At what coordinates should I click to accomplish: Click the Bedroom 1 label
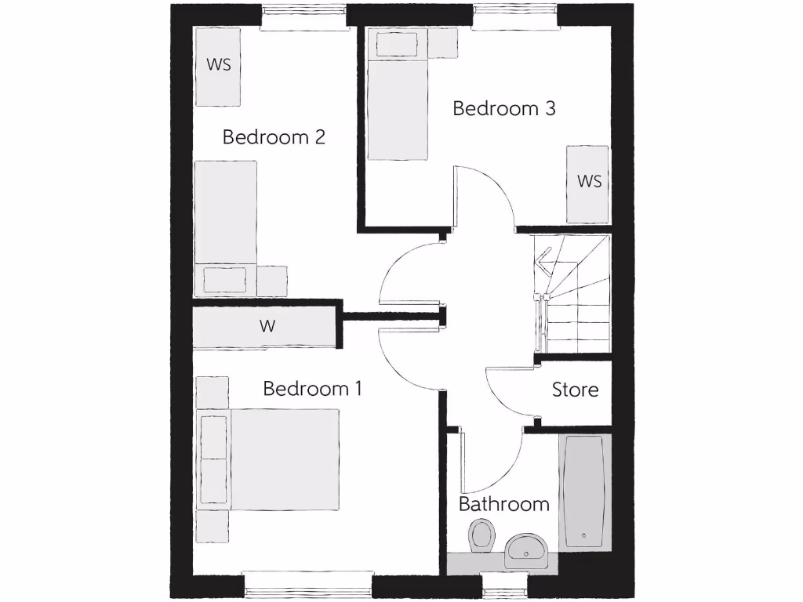click(x=312, y=389)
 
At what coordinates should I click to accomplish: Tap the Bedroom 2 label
click(x=274, y=137)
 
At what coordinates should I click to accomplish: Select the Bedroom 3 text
click(x=504, y=108)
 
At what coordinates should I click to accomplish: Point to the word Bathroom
click(x=503, y=504)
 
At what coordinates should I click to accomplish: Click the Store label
click(x=575, y=390)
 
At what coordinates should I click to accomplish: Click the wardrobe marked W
click(x=267, y=327)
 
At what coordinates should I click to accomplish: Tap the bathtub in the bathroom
click(x=584, y=491)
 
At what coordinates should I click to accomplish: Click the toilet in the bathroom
click(x=481, y=537)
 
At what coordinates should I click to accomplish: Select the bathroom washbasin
click(x=527, y=551)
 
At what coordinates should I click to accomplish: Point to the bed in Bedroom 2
click(x=226, y=227)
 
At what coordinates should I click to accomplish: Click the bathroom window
click(x=503, y=583)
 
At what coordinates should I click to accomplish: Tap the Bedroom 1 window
click(x=307, y=583)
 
